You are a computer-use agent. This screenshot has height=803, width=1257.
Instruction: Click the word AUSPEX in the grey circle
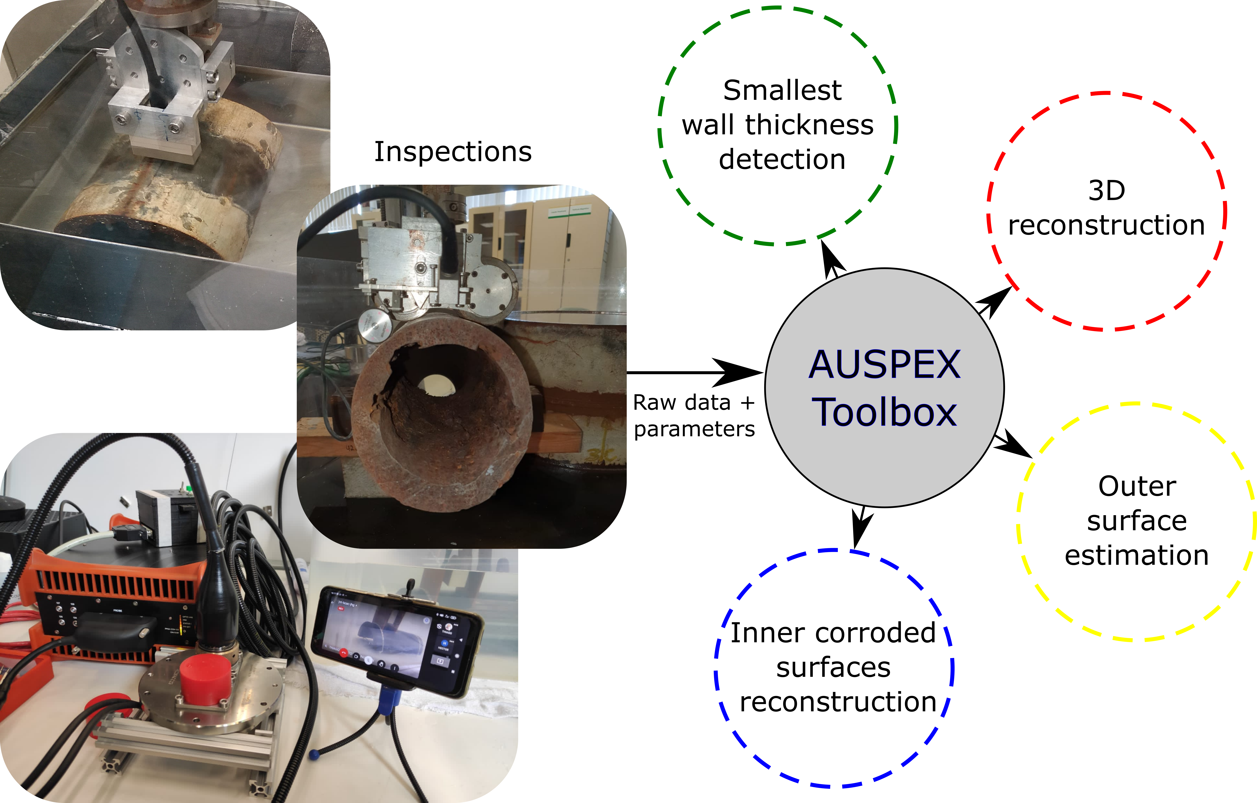point(885,364)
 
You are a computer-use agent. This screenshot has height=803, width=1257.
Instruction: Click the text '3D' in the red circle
point(1107,191)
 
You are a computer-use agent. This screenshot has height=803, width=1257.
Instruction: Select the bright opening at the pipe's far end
point(436,385)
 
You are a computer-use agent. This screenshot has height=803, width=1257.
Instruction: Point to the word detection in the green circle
point(782,159)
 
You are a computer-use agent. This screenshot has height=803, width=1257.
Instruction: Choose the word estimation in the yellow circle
point(1137,555)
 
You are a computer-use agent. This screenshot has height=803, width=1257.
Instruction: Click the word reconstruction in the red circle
point(1107,226)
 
